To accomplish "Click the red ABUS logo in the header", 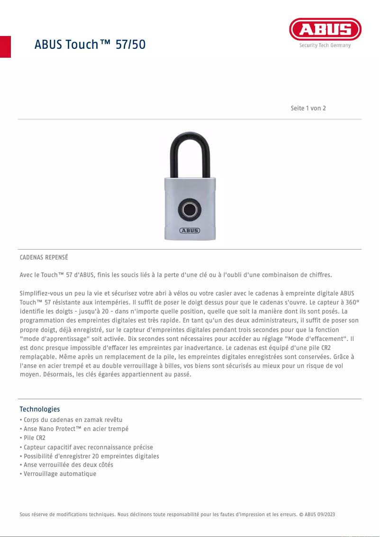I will coord(325,29).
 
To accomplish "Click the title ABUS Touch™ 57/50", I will coord(90,45).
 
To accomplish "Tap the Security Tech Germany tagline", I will coord(325,45).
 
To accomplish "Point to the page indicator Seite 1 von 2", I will coord(308,108).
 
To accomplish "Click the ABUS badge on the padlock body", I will coord(190,231).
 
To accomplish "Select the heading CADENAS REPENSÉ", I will coord(44,258).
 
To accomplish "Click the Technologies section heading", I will coord(40,409).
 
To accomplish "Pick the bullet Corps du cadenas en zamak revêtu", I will coord(71,420).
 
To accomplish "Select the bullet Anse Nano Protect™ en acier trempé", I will coord(74,429).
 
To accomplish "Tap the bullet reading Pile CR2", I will coord(33,438).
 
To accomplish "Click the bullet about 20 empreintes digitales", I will coord(90,456).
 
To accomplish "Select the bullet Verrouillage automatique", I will coord(58,474).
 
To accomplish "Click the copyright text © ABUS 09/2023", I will coord(317,514).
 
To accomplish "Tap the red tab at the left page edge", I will coord(5,46).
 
